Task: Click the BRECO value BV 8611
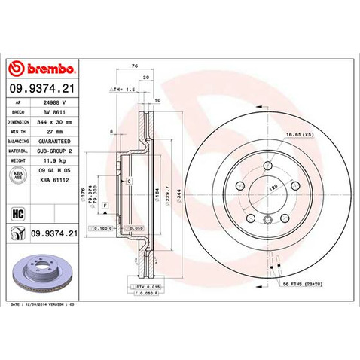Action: (x=52, y=110)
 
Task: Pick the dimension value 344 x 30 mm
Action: (x=56, y=120)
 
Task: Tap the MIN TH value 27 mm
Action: (x=50, y=130)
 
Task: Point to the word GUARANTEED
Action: (x=55, y=140)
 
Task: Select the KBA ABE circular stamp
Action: (x=18, y=175)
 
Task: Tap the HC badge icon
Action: (x=18, y=211)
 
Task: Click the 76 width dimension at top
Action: (x=134, y=67)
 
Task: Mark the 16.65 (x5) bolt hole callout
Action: (x=300, y=133)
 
